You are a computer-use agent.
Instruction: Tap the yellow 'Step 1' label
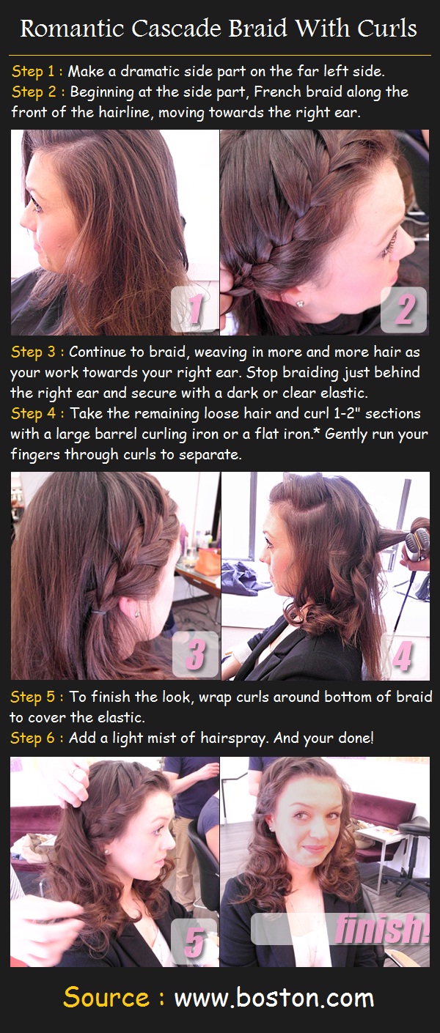pos(33,72)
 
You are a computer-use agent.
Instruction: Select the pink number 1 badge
pos(194,308)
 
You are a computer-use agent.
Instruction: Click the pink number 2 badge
pos(404,308)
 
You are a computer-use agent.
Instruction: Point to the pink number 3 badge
pos(196,654)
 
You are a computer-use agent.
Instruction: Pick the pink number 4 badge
pos(403,655)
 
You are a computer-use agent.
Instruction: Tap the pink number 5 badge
pos(194,941)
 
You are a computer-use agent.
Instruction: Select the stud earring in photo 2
pos(301,303)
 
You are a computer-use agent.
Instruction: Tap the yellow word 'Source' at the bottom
pos(106,998)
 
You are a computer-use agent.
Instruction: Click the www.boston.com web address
pos(274,998)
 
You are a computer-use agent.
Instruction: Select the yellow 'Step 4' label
pos(33,413)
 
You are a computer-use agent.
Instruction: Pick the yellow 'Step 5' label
pos(33,697)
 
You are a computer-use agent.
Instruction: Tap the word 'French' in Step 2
pos(278,92)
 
